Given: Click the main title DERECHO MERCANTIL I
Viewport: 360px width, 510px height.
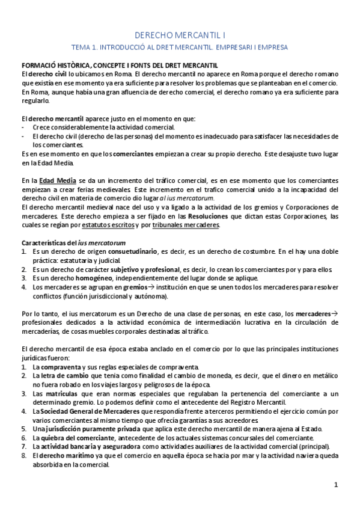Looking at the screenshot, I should (180, 36).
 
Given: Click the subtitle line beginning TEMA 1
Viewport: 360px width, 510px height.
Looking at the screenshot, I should (180, 46).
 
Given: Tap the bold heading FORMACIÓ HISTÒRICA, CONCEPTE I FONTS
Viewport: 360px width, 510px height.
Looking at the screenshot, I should (120, 65).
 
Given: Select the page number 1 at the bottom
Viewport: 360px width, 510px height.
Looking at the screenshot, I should (337, 484).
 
